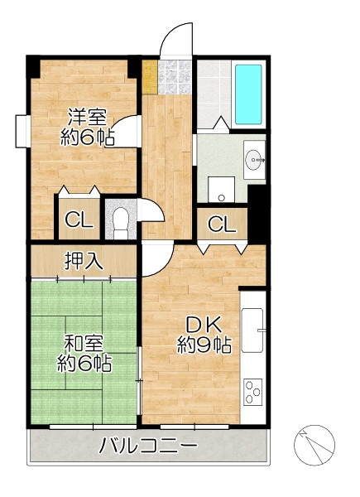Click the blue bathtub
[x=248, y=94]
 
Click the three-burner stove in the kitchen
[x=252, y=392]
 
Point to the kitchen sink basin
[x=252, y=331]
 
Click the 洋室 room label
[x=88, y=117]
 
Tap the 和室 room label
[x=84, y=344]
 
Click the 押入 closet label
[x=84, y=261]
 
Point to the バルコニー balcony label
[x=148, y=446]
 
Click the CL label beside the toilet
[x=79, y=220]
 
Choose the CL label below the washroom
[x=222, y=224]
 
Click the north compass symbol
[x=314, y=445]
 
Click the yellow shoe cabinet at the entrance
[x=150, y=77]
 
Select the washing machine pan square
[x=221, y=189]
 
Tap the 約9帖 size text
[x=204, y=345]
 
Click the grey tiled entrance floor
[x=175, y=77]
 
